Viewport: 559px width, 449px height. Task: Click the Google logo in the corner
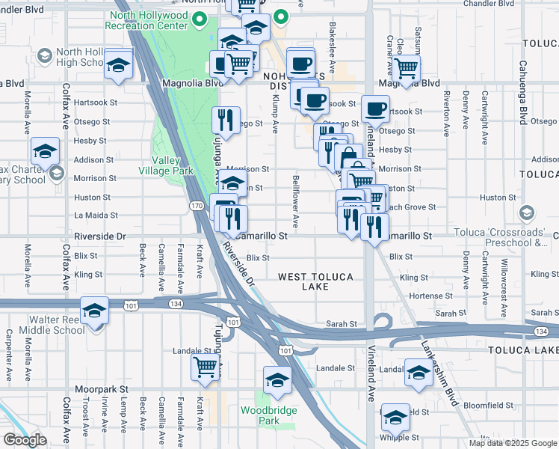point(25,440)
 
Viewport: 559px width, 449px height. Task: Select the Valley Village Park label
point(173,165)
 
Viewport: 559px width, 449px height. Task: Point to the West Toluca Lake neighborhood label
point(315,282)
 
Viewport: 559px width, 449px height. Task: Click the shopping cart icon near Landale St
point(205,367)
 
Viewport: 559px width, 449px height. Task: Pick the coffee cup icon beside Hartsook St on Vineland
point(375,109)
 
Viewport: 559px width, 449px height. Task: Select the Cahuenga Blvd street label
point(523,97)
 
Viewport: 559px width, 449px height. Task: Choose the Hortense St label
point(426,296)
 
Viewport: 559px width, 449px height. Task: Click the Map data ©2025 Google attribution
point(513,443)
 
